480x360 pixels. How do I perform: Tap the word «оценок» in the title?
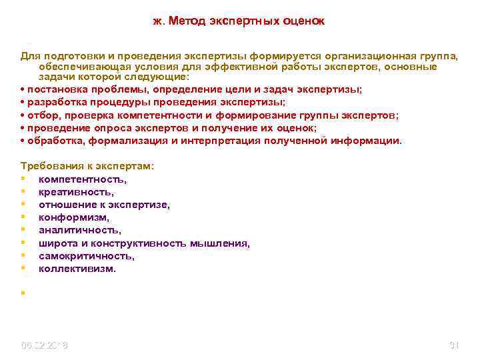tap(303, 21)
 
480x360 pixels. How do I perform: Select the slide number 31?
tap(455, 345)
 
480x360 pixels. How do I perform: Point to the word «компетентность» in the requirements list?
tap(83, 179)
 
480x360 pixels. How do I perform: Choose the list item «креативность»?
tap(75, 192)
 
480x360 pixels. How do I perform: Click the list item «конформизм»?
tap(74, 217)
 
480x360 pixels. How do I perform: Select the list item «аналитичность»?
tap(80, 231)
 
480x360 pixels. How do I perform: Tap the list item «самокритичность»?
tap(87, 256)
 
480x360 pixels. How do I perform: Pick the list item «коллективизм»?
tap(77, 269)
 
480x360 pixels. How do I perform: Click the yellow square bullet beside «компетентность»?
tap(23, 179)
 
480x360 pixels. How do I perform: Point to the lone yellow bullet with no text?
tap(23, 291)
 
